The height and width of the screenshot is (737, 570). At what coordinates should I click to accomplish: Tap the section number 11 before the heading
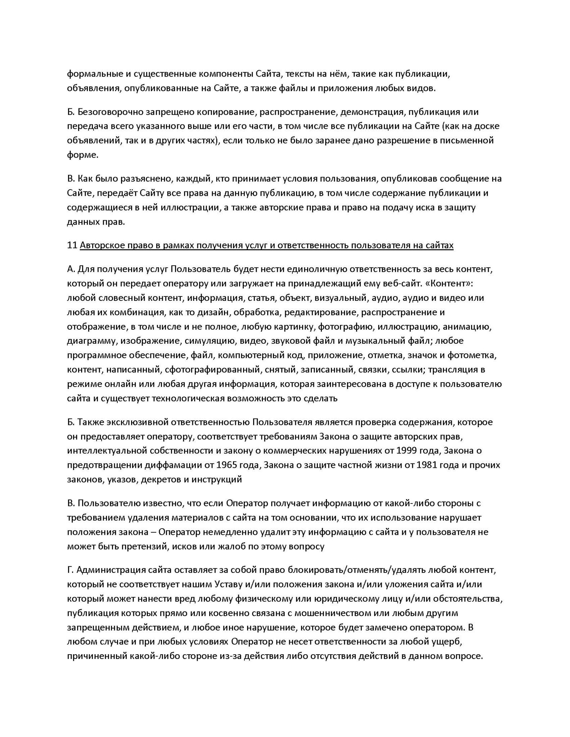pyautogui.click(x=72, y=245)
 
